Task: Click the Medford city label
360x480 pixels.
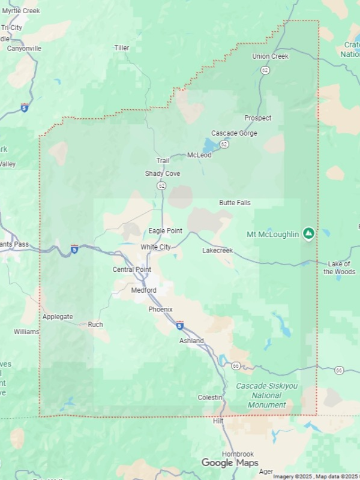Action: click(x=143, y=290)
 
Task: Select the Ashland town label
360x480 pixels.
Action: click(x=191, y=341)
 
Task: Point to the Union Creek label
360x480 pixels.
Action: click(x=270, y=56)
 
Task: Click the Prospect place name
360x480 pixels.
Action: click(x=257, y=118)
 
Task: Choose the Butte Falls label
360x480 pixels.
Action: click(x=235, y=203)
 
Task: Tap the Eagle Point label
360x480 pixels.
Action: click(x=165, y=231)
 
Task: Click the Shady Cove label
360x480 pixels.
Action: click(x=162, y=174)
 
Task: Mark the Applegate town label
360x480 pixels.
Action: click(x=58, y=316)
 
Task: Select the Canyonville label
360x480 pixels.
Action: click(x=24, y=49)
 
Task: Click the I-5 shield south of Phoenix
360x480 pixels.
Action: click(x=180, y=325)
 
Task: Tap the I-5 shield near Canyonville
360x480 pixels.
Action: click(x=24, y=107)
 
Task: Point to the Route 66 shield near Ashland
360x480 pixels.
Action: click(x=236, y=365)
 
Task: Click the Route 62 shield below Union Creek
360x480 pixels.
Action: click(x=265, y=70)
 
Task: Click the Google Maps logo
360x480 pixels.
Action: click(x=230, y=463)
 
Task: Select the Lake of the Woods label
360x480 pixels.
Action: click(x=340, y=268)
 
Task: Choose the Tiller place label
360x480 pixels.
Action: click(x=122, y=48)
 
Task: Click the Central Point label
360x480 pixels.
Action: click(x=132, y=270)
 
